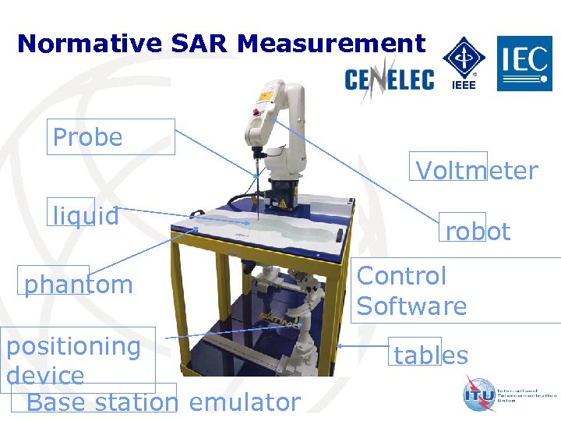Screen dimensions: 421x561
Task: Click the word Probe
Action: click(x=87, y=138)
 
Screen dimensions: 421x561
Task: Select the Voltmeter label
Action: click(x=476, y=171)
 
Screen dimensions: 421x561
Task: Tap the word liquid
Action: click(x=86, y=215)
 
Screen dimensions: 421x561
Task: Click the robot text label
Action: click(x=477, y=232)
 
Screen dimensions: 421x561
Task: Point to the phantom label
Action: click(x=78, y=285)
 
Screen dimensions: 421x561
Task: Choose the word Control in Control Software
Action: click(x=401, y=276)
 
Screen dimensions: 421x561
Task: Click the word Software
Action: click(x=411, y=306)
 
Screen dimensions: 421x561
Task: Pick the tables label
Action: click(x=430, y=356)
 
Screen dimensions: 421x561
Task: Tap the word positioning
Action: click(x=73, y=345)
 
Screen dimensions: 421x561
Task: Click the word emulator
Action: click(x=244, y=402)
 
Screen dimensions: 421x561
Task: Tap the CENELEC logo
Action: click(x=390, y=78)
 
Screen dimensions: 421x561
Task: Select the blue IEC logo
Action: click(x=525, y=63)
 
